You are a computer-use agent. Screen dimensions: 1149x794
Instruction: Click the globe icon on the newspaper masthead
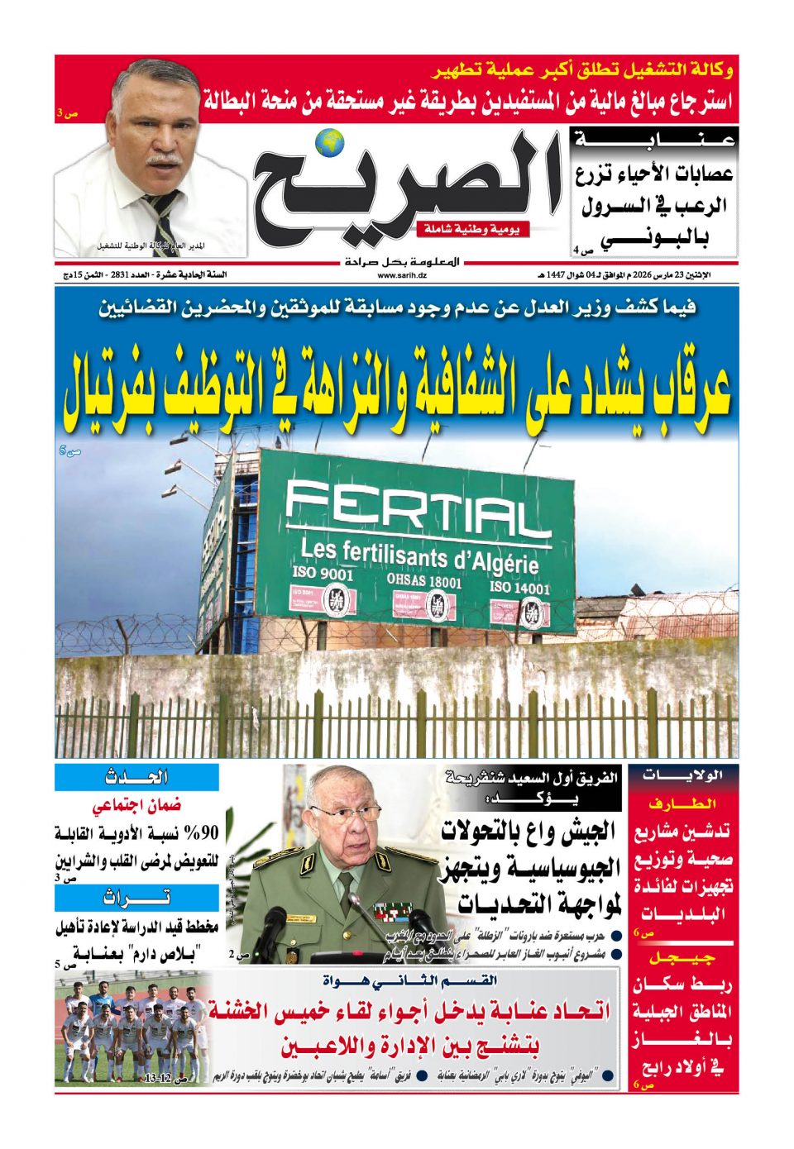coord(333,142)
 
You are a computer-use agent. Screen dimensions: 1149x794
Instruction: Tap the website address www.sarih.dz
coord(402,275)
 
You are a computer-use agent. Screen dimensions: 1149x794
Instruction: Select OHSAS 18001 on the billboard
coord(424,580)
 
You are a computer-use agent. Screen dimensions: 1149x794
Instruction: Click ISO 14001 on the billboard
coord(519,588)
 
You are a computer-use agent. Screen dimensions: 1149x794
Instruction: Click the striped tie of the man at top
coord(162,219)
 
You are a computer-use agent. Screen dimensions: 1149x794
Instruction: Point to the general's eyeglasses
coord(345,811)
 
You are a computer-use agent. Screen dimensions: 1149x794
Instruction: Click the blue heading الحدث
coord(137,777)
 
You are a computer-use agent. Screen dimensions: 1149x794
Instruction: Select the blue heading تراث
coord(137,898)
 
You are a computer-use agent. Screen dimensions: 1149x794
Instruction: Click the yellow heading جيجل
coord(682,958)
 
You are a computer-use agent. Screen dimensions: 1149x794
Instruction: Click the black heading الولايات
coord(683,775)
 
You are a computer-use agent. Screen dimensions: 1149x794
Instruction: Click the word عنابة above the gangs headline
coord(654,141)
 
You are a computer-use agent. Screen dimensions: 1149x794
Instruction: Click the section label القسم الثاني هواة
coord(410,981)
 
